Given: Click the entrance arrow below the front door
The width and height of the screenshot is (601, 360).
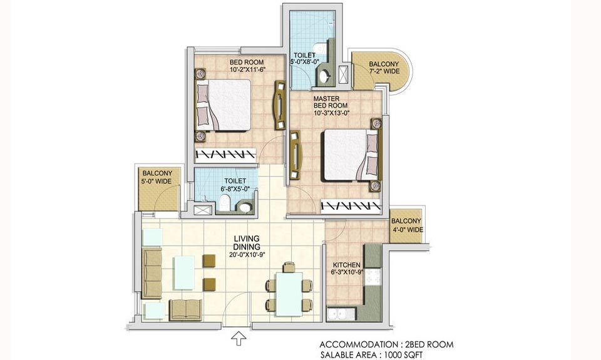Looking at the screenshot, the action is pyautogui.click(x=239, y=339).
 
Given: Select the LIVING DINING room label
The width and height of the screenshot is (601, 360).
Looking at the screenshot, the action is pyautogui.click(x=247, y=243).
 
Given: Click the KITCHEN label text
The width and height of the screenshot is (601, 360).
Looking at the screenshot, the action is pyautogui.click(x=346, y=265).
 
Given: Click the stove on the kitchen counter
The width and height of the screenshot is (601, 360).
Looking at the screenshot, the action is pyautogui.click(x=372, y=277).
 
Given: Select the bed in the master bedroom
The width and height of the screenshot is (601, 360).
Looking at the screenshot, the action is pyautogui.click(x=351, y=155).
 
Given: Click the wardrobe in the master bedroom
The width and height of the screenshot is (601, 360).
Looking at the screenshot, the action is pyautogui.click(x=351, y=206).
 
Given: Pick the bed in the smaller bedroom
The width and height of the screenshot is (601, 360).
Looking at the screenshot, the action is pyautogui.click(x=224, y=105).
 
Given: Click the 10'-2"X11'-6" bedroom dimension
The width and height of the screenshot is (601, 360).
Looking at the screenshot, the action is pyautogui.click(x=248, y=69).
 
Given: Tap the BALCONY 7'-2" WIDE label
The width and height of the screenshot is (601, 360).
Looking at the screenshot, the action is pyautogui.click(x=384, y=68).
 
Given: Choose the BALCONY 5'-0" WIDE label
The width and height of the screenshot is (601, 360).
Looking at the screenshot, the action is pyautogui.click(x=157, y=177).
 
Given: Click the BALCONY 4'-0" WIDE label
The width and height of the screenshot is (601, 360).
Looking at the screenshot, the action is pyautogui.click(x=407, y=225).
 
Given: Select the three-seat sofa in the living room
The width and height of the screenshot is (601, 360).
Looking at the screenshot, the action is pyautogui.click(x=152, y=273).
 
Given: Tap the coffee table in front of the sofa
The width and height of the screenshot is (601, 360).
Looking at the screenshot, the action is pyautogui.click(x=183, y=272).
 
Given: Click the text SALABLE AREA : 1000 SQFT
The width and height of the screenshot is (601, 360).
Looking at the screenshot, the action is pyautogui.click(x=371, y=355).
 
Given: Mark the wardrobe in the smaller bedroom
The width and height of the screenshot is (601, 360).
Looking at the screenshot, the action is pyautogui.click(x=225, y=155).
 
